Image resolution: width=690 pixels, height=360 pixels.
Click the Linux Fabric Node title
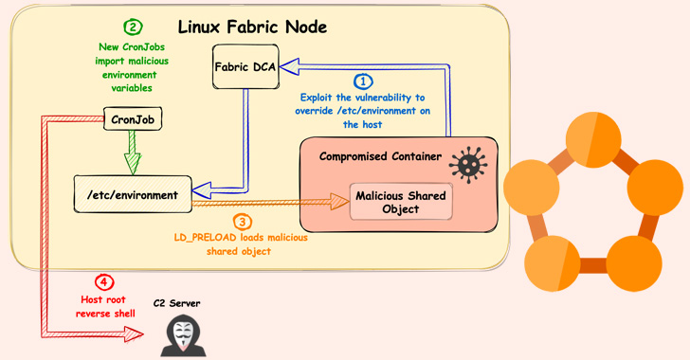click(x=252, y=27)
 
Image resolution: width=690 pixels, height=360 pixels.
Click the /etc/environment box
click(x=133, y=194)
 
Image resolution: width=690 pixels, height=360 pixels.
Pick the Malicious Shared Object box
click(x=400, y=202)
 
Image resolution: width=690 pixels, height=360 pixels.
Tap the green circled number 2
click(x=134, y=27)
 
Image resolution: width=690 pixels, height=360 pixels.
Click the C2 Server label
click(x=177, y=303)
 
